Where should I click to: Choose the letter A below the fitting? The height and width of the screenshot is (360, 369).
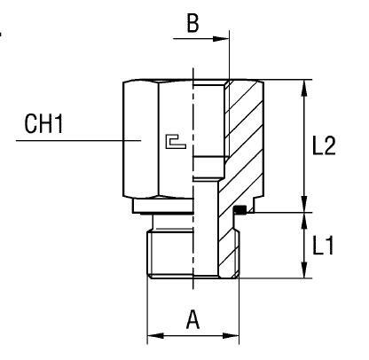point(192,319)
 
